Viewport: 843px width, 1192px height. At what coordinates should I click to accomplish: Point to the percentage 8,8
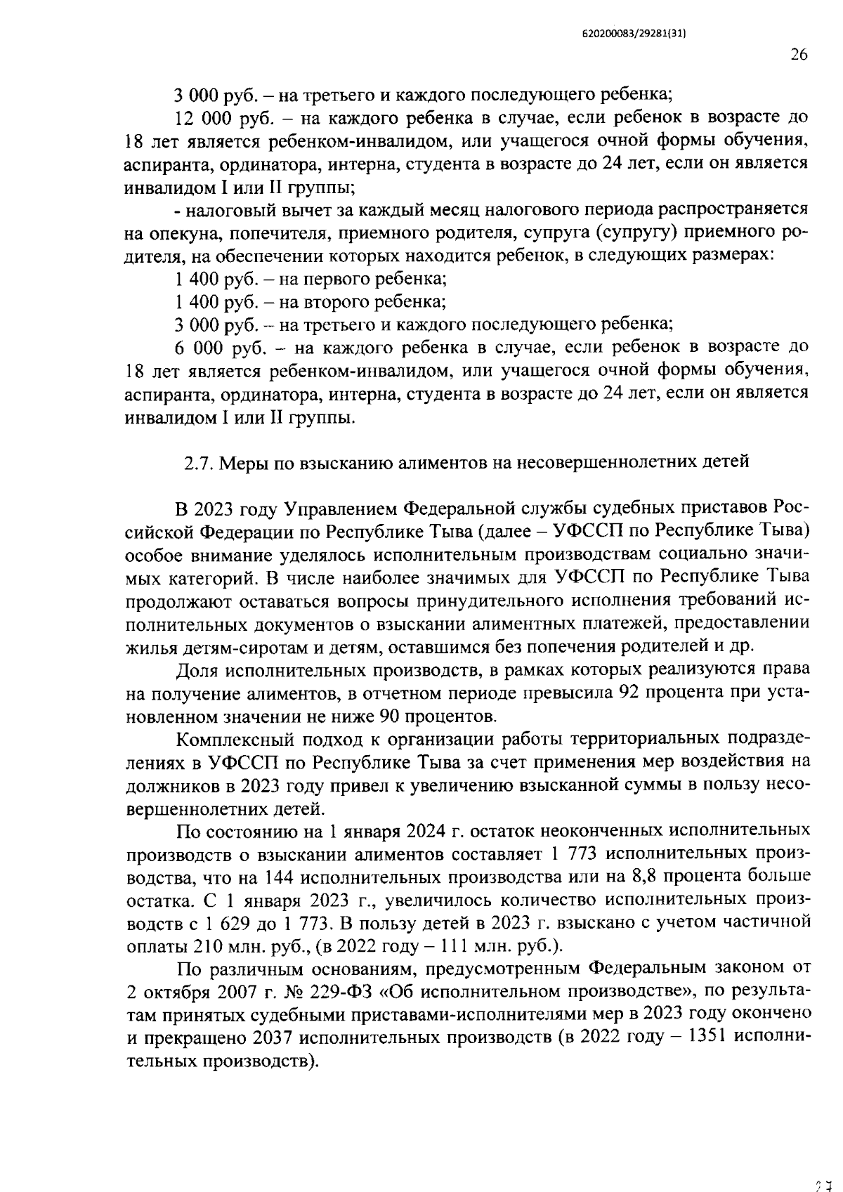650,877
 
